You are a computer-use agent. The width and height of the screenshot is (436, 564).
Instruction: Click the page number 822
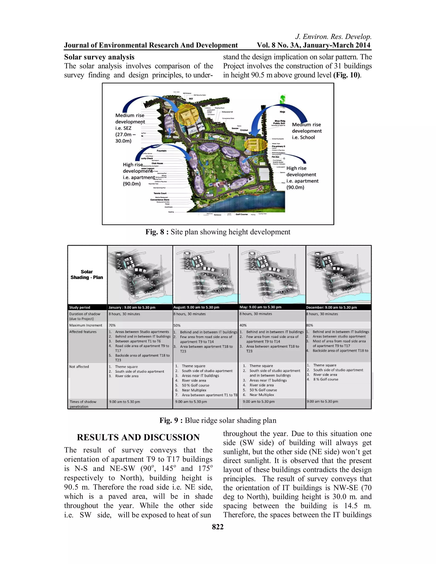pos(218,527)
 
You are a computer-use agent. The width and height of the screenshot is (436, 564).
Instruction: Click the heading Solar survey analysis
pos(99,57)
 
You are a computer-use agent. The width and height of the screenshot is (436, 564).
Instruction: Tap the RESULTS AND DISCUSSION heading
pos(138,437)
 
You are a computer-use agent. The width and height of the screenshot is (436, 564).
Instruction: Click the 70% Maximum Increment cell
pos(112,325)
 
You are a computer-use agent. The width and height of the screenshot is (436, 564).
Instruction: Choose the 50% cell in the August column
pos(177,325)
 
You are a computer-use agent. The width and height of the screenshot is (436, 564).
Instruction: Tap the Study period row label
pos(80,307)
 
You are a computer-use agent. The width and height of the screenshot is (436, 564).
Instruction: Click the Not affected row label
pos(79,367)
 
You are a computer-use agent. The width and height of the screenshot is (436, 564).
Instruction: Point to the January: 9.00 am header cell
pos(132,307)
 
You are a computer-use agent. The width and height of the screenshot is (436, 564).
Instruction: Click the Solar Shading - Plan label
pos(87,275)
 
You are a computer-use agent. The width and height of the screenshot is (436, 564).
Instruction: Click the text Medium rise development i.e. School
pos(307,131)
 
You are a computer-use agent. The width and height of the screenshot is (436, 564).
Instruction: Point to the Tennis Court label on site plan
pos(160,193)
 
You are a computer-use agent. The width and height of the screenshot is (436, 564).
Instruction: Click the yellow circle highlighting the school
pos(255,144)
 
